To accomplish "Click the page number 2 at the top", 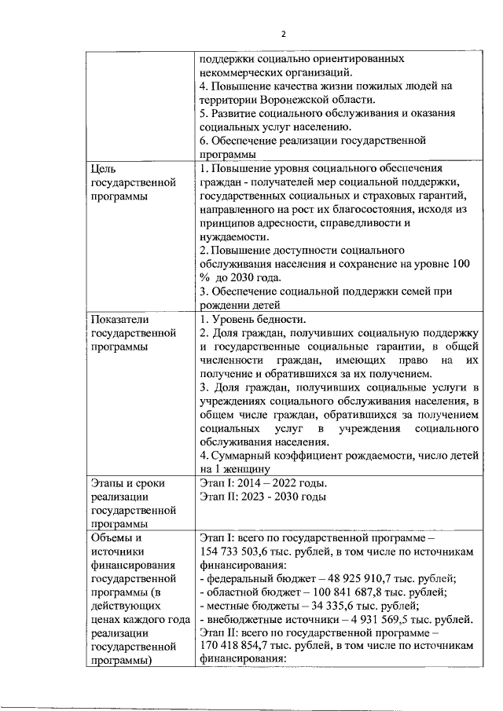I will point(284,33).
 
